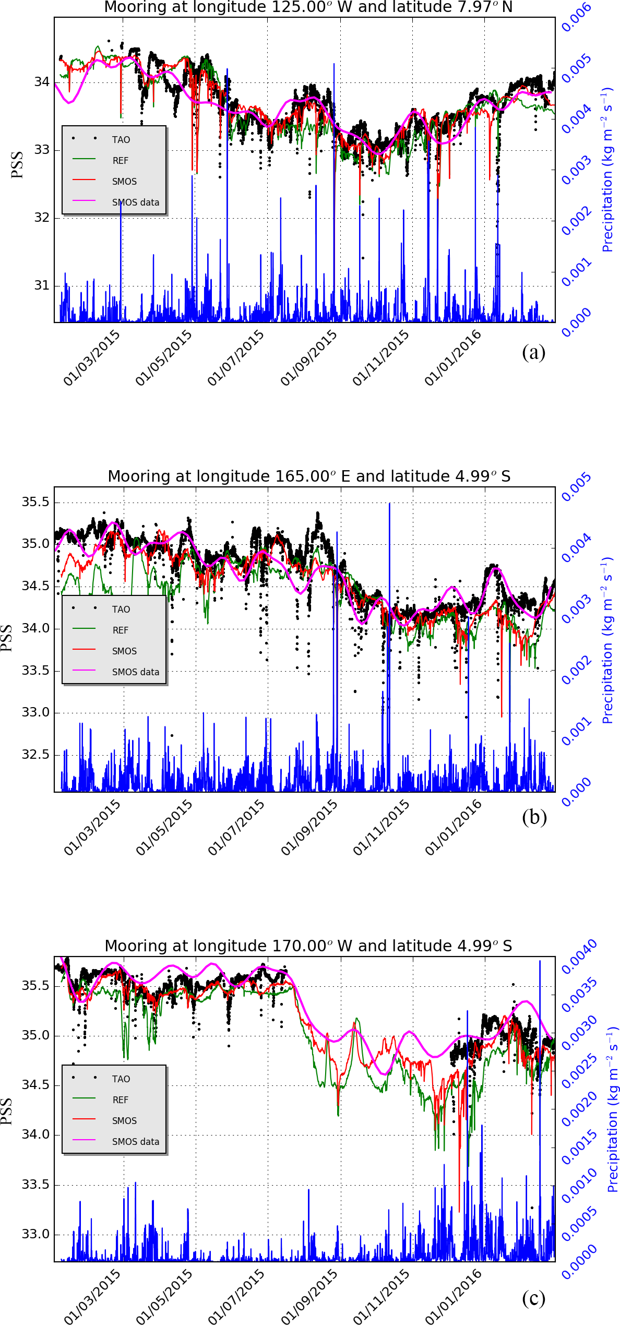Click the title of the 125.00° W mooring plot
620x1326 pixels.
pyautogui.click(x=308, y=7)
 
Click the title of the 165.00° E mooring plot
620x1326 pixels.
pyautogui.click(x=309, y=476)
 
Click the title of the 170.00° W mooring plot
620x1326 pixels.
pyautogui.click(x=308, y=946)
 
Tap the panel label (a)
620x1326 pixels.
pyautogui.click(x=533, y=352)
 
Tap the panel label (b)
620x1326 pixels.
pyautogui.click(x=534, y=817)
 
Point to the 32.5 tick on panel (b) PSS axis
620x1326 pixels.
pyautogui.click(x=35, y=755)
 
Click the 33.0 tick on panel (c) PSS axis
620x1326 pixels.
pyautogui.click(x=35, y=1234)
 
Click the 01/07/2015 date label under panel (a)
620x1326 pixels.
pyautogui.click(x=236, y=359)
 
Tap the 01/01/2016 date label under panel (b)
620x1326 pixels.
pyautogui.click(x=453, y=828)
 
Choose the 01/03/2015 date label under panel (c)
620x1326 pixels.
pyautogui.click(x=92, y=1298)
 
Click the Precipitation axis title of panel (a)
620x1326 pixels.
pyautogui.click(x=607, y=170)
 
